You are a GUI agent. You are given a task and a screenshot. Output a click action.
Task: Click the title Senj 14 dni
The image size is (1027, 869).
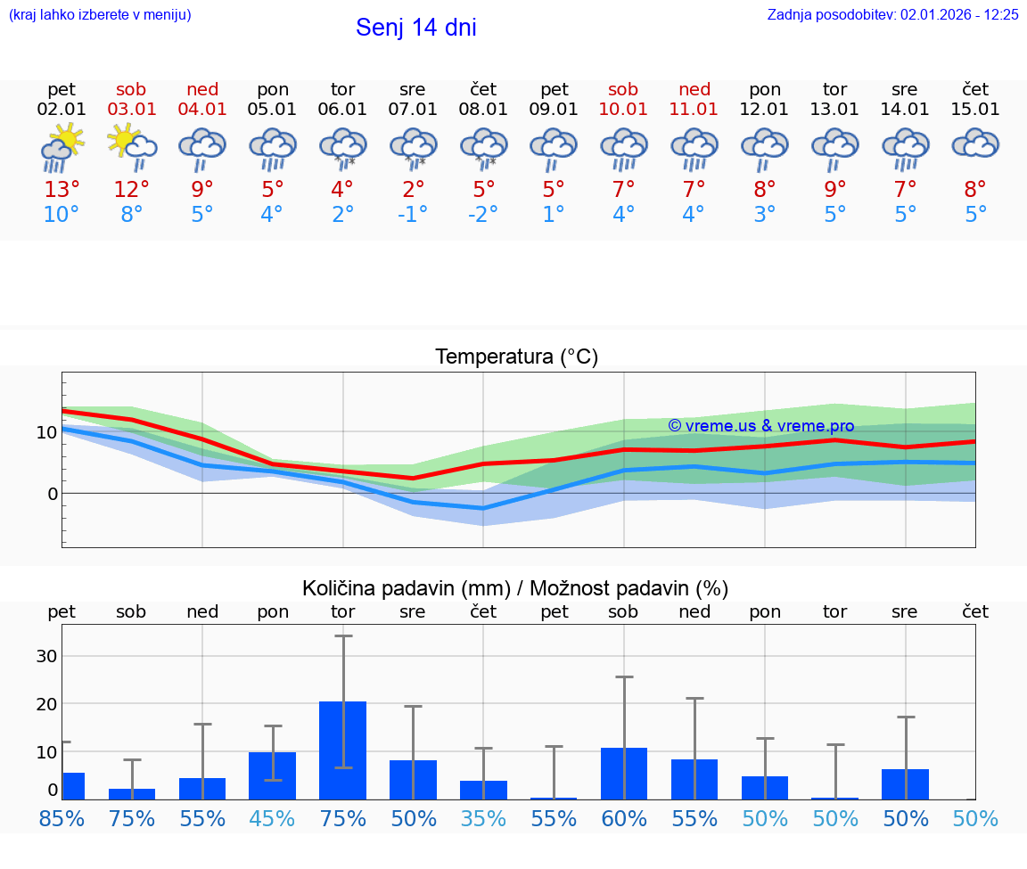coord(415,28)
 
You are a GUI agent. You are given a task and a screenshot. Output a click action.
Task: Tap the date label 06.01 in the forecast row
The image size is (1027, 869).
coord(342,110)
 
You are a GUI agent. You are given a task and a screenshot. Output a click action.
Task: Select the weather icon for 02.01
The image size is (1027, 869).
coord(62,147)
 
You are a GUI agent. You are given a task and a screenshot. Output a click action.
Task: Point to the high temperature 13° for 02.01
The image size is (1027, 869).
coord(62,189)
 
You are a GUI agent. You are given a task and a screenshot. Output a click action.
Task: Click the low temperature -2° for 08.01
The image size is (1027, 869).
coord(483,215)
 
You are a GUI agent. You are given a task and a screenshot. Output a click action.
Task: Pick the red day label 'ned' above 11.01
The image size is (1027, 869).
coord(694,89)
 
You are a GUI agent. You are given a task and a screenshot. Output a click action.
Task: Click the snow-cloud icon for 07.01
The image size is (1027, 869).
coord(413,147)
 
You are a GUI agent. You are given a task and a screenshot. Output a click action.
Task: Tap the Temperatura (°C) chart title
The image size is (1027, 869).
coord(516,357)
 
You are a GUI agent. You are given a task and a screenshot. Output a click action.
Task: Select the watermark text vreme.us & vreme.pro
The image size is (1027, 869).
coord(761,426)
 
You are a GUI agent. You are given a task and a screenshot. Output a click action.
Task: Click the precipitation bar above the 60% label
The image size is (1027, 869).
coord(624,773)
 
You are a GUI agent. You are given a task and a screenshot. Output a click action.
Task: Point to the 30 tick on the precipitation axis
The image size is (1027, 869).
coord(46,656)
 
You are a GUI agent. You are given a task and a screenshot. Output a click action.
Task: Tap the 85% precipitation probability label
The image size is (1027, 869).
coord(62,818)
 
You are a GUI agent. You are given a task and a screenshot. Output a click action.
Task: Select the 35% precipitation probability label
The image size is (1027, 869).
coord(483,818)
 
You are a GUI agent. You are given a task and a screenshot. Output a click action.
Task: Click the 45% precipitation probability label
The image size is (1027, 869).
coord(273,818)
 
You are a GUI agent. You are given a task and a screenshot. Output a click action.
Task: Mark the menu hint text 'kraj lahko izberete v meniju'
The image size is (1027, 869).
coord(100,14)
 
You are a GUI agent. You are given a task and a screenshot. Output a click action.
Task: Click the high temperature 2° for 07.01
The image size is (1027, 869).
coord(413,189)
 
